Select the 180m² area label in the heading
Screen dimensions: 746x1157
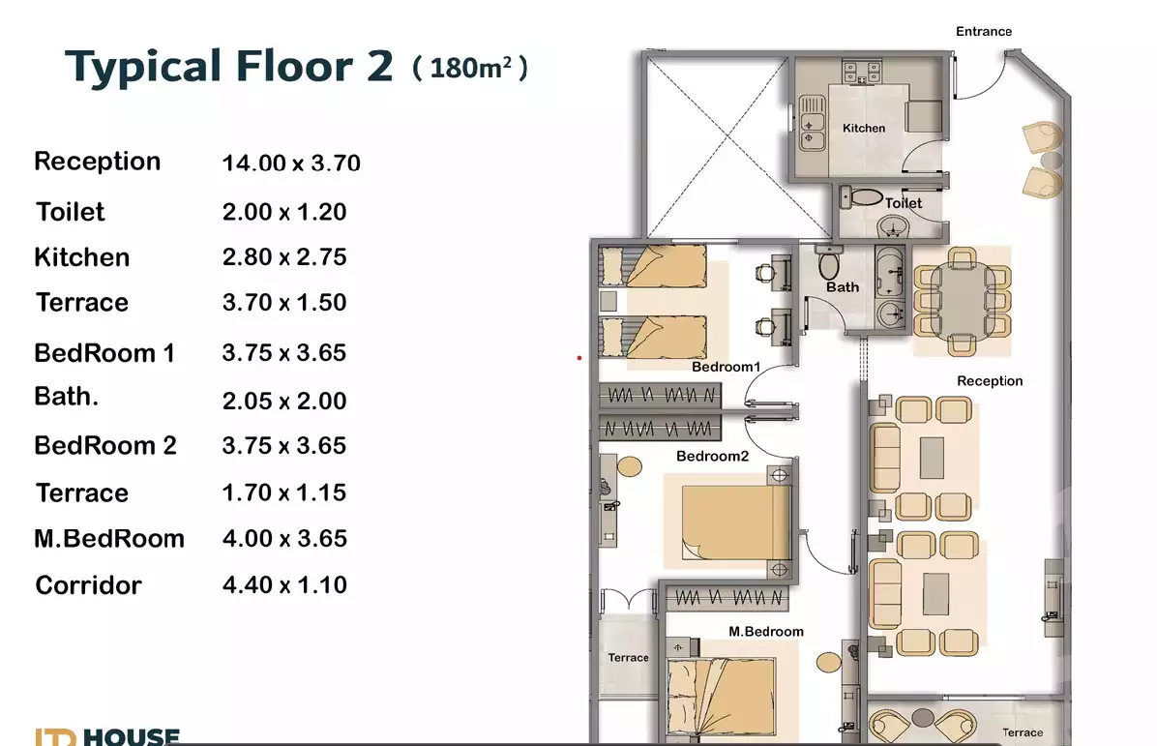pos(470,69)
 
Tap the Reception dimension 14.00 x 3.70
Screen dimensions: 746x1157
pos(291,164)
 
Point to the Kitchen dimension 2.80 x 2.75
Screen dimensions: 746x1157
pos(284,257)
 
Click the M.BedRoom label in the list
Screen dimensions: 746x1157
pos(109,539)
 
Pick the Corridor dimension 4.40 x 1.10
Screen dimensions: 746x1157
pos(284,585)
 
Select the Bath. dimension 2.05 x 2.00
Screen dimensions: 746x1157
pos(284,401)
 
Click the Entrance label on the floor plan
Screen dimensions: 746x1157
pos(984,32)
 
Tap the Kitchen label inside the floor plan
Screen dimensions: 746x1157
pos(863,128)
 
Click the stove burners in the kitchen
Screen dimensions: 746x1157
pos(862,72)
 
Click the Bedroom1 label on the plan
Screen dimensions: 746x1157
pos(727,368)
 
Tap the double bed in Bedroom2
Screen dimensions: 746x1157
pos(732,522)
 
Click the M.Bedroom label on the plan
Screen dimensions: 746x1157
pos(765,632)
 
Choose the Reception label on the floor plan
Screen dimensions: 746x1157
pos(990,381)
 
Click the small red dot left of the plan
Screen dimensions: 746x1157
pos(578,358)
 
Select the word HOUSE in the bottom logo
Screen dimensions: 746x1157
pos(131,737)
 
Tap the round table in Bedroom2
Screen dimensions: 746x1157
pos(629,466)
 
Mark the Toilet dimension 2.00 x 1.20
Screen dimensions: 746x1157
pos(284,212)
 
